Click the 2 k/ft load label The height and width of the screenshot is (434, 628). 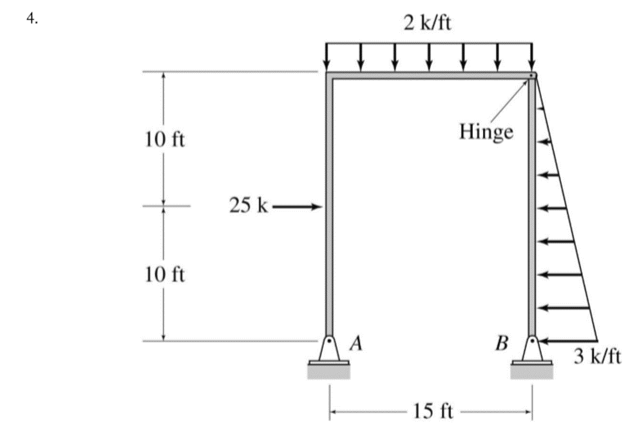tap(428, 24)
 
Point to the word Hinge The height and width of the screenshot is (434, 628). tap(486, 132)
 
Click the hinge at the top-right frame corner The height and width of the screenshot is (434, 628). tap(531, 76)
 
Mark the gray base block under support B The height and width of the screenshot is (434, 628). tap(531, 372)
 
